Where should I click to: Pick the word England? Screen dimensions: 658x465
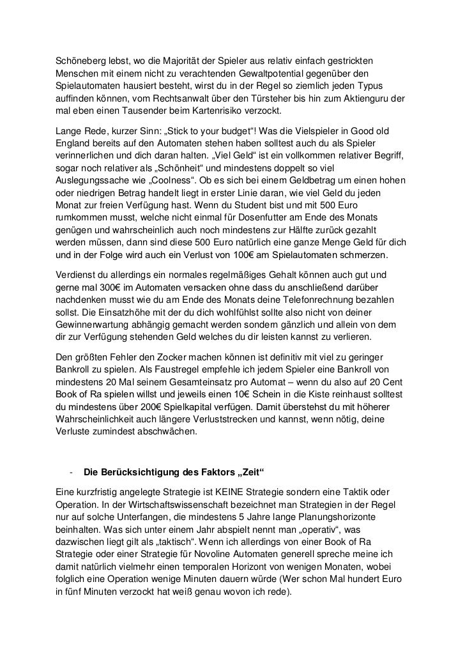click(x=75, y=144)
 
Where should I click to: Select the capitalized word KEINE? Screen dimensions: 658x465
click(x=231, y=492)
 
